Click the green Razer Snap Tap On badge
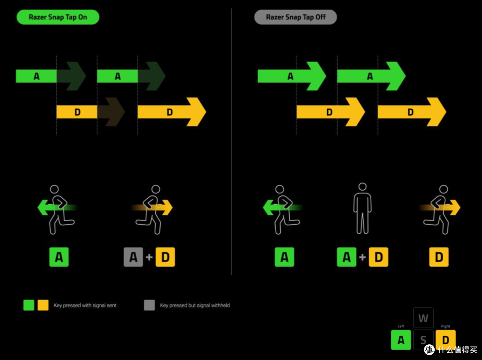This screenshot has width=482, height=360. click(58, 17)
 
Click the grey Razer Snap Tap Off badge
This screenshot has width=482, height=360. click(295, 17)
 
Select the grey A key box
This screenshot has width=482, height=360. click(133, 257)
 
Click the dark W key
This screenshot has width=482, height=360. click(423, 318)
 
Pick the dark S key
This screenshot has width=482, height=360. click(423, 340)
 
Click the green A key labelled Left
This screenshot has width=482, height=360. click(401, 340)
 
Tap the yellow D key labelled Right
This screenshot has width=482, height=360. click(445, 340)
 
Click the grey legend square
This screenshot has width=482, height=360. click(150, 305)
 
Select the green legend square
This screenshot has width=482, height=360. click(29, 305)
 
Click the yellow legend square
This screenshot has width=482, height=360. click(43, 305)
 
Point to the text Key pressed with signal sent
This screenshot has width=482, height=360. click(85, 306)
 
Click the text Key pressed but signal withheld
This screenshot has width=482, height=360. click(195, 306)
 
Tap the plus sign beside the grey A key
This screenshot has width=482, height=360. click(149, 257)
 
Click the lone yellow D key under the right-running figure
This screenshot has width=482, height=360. click(439, 257)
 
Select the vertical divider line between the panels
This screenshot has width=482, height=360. click(231, 142)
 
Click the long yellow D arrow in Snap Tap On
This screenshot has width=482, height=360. click(172, 112)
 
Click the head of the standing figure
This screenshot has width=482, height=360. click(363, 186)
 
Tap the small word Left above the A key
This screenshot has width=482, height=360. click(401, 326)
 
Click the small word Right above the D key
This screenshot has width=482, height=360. click(445, 326)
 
